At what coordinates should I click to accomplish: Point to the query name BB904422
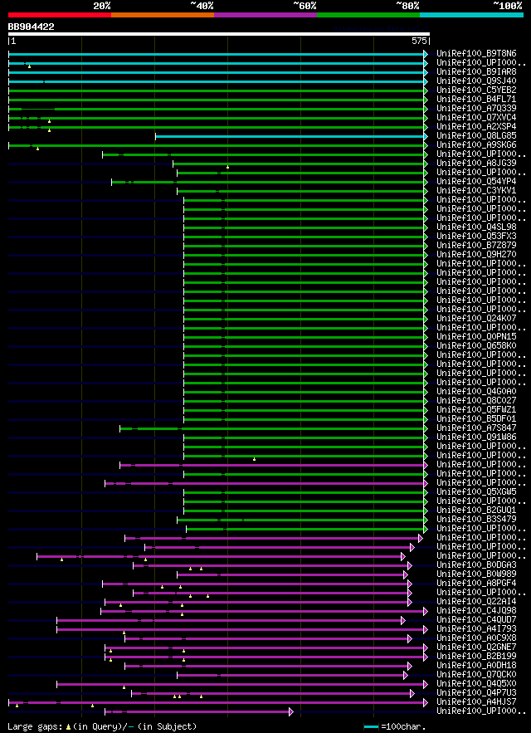click(x=32, y=27)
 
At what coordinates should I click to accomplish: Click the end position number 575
click(x=419, y=41)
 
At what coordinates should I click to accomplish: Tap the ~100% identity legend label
click(x=506, y=6)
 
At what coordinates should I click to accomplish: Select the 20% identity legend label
click(x=102, y=6)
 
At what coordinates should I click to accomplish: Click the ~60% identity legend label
click(x=304, y=6)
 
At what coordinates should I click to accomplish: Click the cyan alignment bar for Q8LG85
click(x=290, y=136)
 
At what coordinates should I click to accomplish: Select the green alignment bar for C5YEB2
click(x=216, y=90)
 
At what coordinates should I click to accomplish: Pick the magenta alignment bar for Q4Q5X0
click(x=241, y=684)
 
